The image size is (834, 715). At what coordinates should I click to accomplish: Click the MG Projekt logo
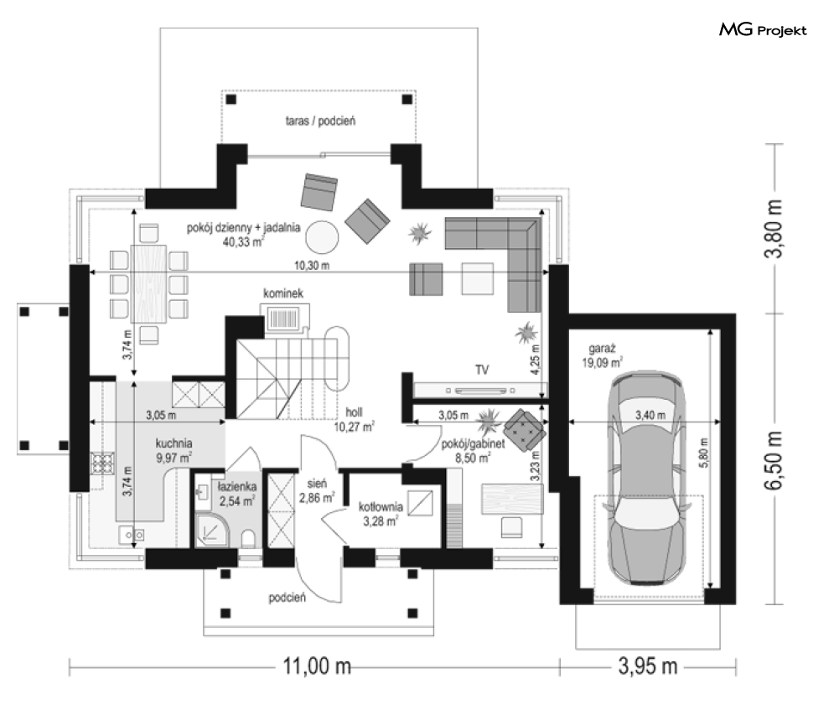(x=763, y=30)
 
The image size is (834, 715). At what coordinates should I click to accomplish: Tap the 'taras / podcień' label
(x=320, y=121)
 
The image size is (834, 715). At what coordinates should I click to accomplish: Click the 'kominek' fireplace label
(x=283, y=293)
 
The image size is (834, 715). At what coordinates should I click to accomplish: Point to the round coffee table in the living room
(x=322, y=236)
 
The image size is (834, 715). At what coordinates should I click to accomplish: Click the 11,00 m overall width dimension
(x=317, y=666)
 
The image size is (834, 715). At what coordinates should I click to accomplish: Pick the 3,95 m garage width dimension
(x=648, y=666)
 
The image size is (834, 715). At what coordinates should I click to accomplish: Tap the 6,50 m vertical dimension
(x=774, y=459)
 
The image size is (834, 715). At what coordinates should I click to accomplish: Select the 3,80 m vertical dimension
(x=774, y=229)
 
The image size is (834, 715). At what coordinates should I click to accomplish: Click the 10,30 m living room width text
(x=312, y=265)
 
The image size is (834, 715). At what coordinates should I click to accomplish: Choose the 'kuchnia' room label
(x=174, y=443)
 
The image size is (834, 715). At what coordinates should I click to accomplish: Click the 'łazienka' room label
(x=237, y=486)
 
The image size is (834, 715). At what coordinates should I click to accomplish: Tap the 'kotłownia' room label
(x=381, y=507)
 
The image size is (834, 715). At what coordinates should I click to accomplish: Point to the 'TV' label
(x=482, y=370)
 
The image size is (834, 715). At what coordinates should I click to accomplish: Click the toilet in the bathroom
(x=248, y=538)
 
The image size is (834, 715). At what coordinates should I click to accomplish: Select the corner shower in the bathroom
(x=211, y=529)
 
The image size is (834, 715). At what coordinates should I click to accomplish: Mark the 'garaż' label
(x=602, y=350)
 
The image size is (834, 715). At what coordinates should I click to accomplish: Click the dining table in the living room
(x=148, y=283)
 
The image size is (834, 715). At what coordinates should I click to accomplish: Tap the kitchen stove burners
(x=102, y=463)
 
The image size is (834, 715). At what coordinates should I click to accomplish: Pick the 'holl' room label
(x=354, y=412)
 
